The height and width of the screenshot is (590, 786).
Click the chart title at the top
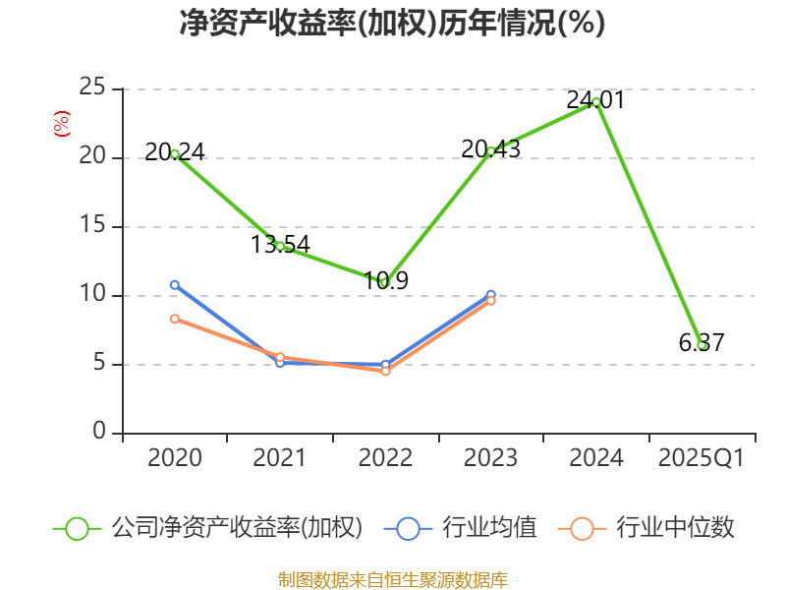click(x=392, y=23)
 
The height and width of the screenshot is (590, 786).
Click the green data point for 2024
click(x=596, y=102)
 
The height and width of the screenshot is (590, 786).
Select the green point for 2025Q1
click(x=702, y=345)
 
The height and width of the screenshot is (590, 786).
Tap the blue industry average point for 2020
click(x=175, y=285)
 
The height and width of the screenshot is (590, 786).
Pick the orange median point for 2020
click(x=175, y=319)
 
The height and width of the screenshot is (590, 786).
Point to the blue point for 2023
click(x=490, y=294)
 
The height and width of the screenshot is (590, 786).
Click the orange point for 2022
click(x=385, y=371)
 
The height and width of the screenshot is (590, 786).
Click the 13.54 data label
click(x=280, y=244)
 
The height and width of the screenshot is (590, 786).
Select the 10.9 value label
click(x=385, y=280)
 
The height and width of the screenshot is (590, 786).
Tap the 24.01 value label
click(x=596, y=100)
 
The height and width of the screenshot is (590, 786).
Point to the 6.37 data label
click(x=702, y=342)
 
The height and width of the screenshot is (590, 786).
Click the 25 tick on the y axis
click(x=92, y=88)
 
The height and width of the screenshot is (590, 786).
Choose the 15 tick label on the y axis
click(x=92, y=225)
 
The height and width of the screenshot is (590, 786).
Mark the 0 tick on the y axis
click(x=99, y=431)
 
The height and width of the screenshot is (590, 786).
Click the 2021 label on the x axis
click(x=280, y=457)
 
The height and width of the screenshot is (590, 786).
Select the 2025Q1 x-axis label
click(x=702, y=457)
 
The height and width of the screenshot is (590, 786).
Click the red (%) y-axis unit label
click(x=62, y=124)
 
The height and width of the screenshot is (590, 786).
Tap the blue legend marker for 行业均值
click(x=408, y=529)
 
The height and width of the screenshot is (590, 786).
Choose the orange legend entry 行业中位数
click(x=646, y=528)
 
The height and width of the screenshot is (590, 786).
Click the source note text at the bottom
click(x=393, y=580)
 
